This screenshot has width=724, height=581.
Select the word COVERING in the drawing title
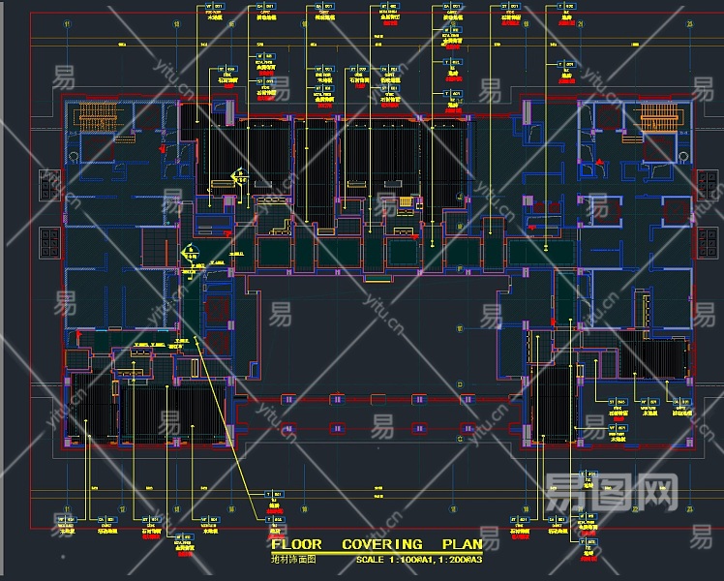pos(381,545)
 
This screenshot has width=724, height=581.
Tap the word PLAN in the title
pos(463,545)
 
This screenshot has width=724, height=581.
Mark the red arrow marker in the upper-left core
pos(160,150)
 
